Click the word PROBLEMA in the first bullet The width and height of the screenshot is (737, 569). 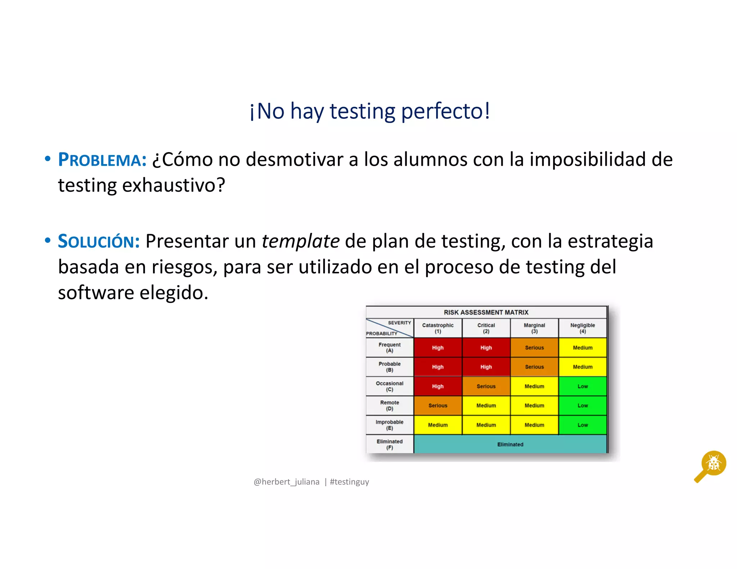point(102,160)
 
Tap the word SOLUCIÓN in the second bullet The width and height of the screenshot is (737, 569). point(99,241)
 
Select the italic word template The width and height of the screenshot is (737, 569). point(300,241)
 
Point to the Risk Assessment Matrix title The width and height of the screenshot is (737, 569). point(486,312)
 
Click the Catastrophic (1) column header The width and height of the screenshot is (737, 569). point(438,328)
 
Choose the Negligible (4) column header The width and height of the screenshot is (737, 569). point(583,328)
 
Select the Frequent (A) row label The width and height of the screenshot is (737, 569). point(389,347)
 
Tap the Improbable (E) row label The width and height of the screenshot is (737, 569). point(389,425)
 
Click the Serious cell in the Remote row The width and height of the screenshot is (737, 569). point(438,405)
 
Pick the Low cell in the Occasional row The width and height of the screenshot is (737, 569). point(583,386)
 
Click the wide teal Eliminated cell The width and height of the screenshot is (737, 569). point(510,444)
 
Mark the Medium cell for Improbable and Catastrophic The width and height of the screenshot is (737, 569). point(438,425)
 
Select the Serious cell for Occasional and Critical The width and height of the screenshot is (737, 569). point(486,386)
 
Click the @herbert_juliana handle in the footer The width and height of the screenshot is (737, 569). point(286,482)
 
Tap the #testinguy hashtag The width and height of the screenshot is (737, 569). point(349,482)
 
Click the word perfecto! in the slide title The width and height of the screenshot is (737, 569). point(446,111)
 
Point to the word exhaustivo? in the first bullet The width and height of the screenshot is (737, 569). point(174,186)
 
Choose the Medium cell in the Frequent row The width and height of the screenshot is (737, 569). point(583,347)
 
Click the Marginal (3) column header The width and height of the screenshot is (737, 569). point(534,328)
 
